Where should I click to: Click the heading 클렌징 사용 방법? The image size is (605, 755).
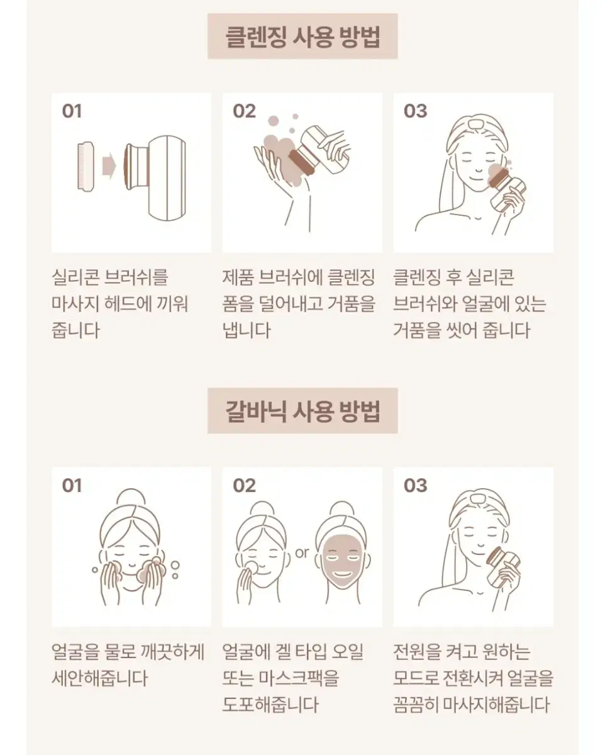click(302, 36)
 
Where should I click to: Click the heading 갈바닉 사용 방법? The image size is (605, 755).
click(302, 411)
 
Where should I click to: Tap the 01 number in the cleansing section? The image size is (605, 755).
click(72, 111)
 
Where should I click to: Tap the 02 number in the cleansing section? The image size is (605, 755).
click(244, 111)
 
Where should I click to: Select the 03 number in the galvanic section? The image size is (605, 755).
click(415, 486)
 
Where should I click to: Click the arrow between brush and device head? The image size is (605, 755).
click(109, 166)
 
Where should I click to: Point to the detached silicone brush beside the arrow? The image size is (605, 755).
click(86, 166)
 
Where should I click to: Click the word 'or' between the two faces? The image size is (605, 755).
click(302, 552)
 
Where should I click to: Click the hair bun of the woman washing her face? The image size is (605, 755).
click(130, 497)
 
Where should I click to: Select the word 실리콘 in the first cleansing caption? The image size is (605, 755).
click(75, 277)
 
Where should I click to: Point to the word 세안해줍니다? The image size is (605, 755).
click(99, 678)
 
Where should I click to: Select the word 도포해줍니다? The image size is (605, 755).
click(270, 705)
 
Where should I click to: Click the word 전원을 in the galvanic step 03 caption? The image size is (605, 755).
click(417, 652)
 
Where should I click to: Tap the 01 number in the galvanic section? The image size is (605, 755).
click(72, 486)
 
